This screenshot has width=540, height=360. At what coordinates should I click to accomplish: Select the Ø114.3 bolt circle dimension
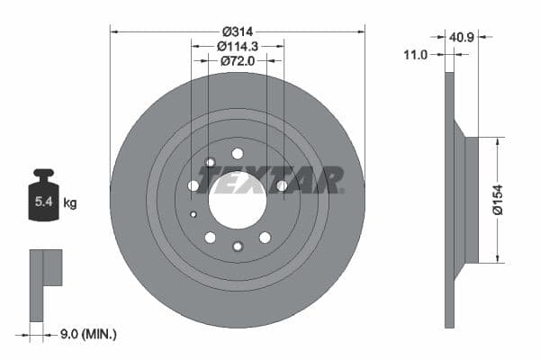[238, 45]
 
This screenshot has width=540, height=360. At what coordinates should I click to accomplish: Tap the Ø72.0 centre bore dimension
[238, 60]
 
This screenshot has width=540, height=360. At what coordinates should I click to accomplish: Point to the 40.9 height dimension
[463, 39]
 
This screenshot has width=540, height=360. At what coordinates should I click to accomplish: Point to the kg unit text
[70, 203]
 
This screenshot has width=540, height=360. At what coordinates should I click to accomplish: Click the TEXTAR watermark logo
[270, 180]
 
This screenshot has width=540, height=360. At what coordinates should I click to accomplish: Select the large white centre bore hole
[238, 199]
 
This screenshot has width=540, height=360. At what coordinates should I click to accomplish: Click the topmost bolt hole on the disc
[238, 154]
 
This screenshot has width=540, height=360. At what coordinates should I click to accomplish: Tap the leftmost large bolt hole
[193, 185]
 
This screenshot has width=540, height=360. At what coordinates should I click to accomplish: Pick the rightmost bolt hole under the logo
[282, 185]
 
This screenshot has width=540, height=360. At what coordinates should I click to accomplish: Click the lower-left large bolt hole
[210, 238]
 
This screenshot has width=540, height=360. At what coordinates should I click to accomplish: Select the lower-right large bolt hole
[265, 238]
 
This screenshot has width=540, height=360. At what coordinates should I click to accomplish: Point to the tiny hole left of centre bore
[193, 214]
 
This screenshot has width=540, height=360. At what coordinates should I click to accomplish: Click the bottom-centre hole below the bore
[238, 246]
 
